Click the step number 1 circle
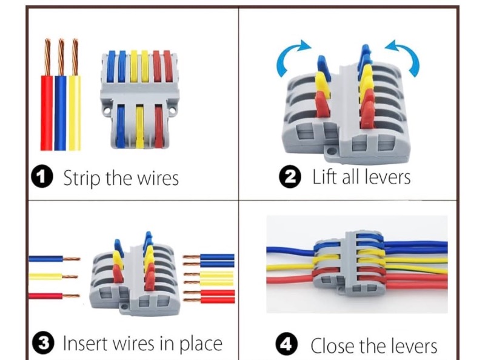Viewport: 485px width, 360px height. [x=42, y=177]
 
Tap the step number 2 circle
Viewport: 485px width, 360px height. [x=290, y=176]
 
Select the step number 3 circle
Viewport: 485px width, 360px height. [x=43, y=342]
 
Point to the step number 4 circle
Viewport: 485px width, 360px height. [x=287, y=344]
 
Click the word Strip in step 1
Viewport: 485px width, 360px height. [x=82, y=178]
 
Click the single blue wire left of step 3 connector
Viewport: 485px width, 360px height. [x=54, y=259]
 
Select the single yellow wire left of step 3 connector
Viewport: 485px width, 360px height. [x=53, y=276]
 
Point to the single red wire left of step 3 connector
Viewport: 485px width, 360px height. [x=54, y=296]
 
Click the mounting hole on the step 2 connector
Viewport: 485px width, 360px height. [x=332, y=152]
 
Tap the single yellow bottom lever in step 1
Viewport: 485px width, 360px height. [x=140, y=126]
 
